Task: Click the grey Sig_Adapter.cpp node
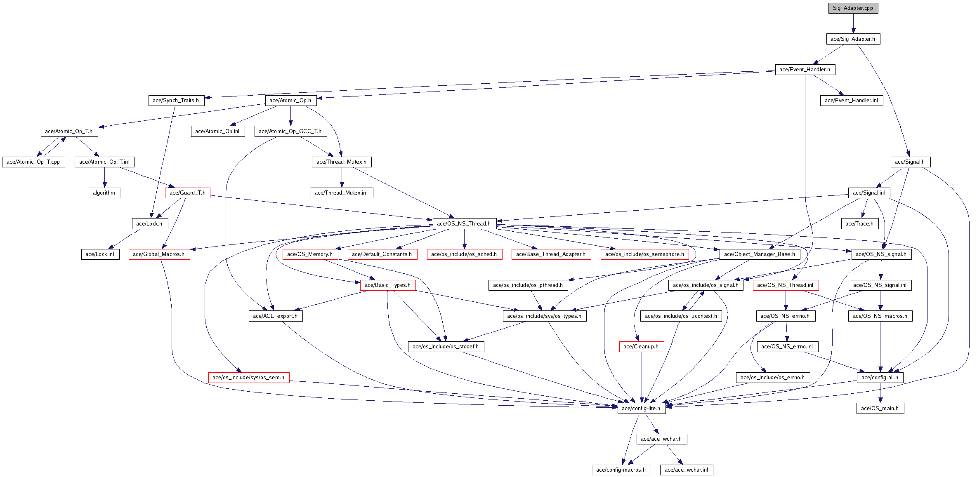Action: coord(853,8)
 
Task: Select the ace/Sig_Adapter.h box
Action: coord(853,39)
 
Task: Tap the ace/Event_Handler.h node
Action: coord(805,70)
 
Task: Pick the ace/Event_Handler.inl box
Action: coord(851,101)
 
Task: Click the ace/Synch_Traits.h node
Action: coord(176,101)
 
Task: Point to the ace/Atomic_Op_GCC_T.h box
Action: coord(290,132)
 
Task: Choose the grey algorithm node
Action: coord(104,193)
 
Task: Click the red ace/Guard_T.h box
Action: coord(187,193)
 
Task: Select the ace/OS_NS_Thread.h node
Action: coord(464,224)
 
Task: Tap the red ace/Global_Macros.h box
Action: coord(159,254)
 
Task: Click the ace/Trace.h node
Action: coord(859,224)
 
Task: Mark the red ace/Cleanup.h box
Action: coord(641,347)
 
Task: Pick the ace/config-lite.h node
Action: coord(641,409)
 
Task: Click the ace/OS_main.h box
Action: coord(880,409)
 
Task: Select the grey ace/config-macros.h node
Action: coord(621,470)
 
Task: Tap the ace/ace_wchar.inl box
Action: coord(686,470)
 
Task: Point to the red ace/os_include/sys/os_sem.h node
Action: coord(248,378)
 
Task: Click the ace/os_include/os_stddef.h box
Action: coord(446,347)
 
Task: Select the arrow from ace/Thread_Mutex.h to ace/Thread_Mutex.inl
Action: coord(342,177)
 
